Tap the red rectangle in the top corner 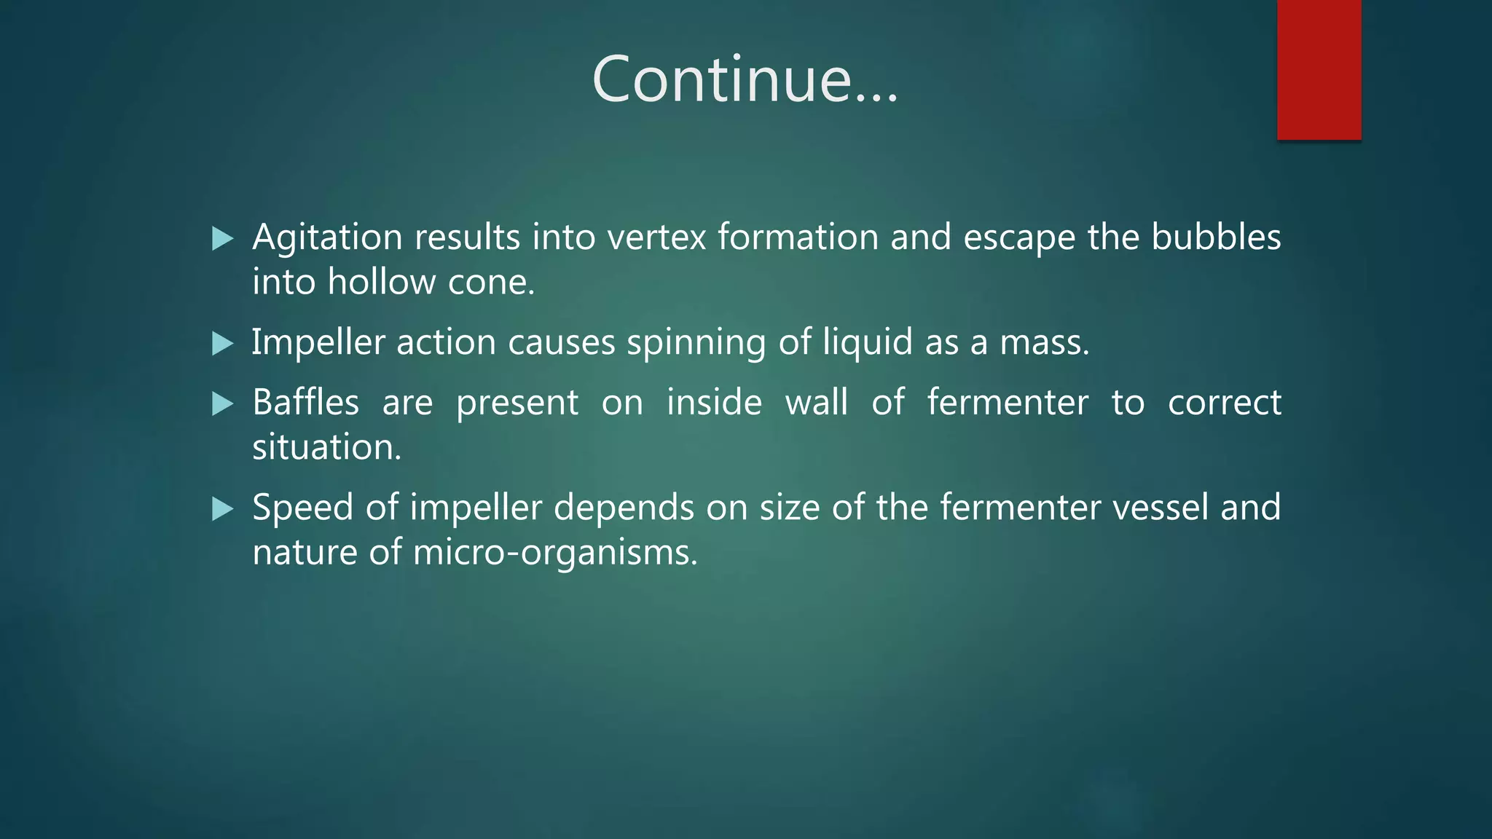(x=1319, y=69)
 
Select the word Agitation (x=327, y=237)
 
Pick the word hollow (x=381, y=282)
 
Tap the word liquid (x=867, y=342)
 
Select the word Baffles (x=305, y=402)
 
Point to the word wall (x=816, y=402)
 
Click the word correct (x=1224, y=402)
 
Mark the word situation (x=326, y=446)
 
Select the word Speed (x=302, y=507)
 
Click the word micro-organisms (x=554, y=552)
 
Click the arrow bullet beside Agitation (x=222, y=238)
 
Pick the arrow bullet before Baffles (x=222, y=403)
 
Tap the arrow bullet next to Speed (x=222, y=508)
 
